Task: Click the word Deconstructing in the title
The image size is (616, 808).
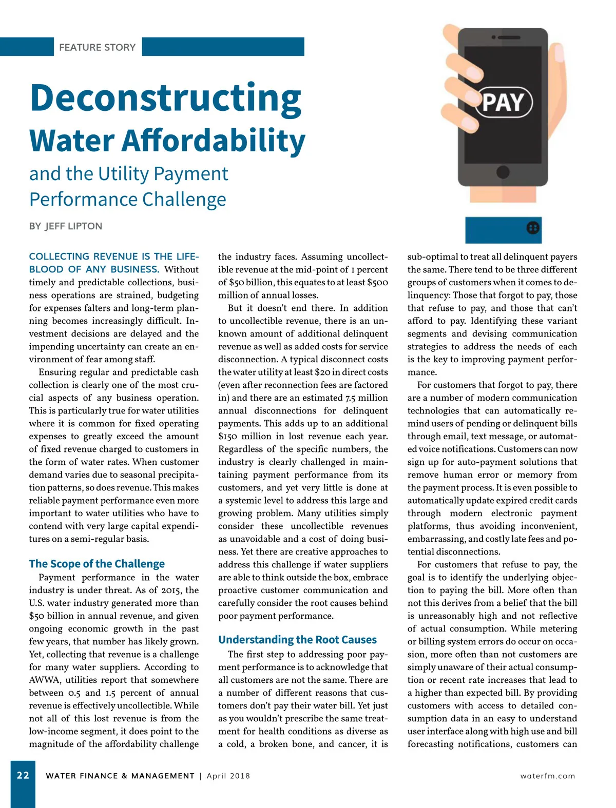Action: tap(165, 98)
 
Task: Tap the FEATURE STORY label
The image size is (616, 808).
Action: tap(97, 47)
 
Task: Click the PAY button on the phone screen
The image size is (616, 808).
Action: tap(504, 102)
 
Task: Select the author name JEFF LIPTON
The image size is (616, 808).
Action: tap(73, 226)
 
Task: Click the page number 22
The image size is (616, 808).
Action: tap(23, 775)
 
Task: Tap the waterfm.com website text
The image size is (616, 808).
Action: tap(547, 776)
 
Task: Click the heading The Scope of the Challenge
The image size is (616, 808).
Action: tap(97, 564)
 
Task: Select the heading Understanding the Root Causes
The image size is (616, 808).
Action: tap(297, 640)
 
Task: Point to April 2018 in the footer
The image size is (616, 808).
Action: tap(228, 776)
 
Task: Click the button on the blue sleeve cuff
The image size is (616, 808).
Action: tap(533, 228)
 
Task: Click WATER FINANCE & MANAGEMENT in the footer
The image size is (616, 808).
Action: tap(120, 776)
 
